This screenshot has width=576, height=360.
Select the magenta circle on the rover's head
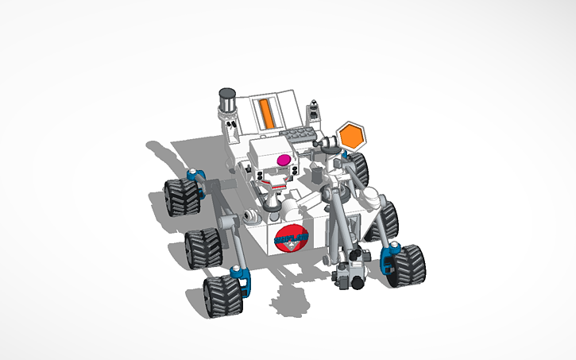[x=282, y=160]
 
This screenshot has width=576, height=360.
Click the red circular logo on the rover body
[x=288, y=237]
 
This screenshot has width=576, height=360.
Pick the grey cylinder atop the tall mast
[x=226, y=99]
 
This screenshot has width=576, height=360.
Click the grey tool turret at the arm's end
[x=350, y=272]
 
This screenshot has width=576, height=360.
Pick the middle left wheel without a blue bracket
[x=202, y=245]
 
